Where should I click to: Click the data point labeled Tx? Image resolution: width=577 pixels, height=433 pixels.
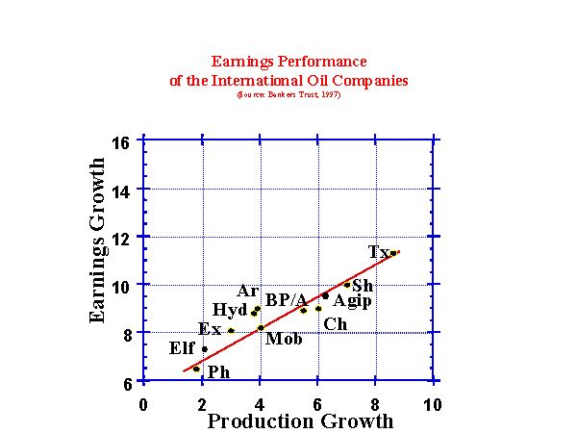tap(393, 253)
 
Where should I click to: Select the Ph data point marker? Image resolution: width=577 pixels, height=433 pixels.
tap(196, 369)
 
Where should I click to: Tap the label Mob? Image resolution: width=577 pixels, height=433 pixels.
tap(284, 339)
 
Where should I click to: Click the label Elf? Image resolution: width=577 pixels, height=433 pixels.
tap(181, 348)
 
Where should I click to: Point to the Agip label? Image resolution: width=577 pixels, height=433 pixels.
tap(352, 301)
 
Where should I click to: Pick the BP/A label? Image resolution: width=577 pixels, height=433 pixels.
tap(287, 300)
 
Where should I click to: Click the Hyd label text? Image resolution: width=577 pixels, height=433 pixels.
tap(229, 310)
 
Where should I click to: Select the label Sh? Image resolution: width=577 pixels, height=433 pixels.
tap(363, 286)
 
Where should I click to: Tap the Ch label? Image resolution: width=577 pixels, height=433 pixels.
tap(335, 324)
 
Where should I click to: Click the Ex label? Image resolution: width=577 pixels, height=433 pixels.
tap(210, 329)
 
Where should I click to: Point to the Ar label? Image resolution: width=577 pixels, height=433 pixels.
tap(247, 291)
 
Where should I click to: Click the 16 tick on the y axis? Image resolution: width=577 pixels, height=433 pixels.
tap(121, 142)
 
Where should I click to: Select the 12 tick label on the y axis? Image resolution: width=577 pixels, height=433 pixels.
tap(121, 237)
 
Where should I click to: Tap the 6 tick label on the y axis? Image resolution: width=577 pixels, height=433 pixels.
tap(127, 381)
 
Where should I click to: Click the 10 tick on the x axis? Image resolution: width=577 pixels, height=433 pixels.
tap(432, 405)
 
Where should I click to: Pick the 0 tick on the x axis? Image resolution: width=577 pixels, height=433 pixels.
tap(143, 405)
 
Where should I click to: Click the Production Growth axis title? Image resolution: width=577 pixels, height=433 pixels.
tap(300, 421)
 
